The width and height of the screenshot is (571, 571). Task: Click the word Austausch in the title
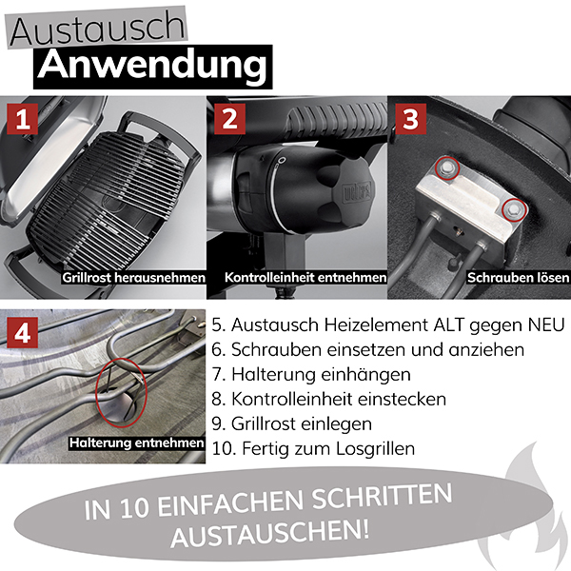[97, 30]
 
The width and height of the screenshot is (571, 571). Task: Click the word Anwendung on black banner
[152, 66]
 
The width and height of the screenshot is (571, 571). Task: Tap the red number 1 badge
[22, 119]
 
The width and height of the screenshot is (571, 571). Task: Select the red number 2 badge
[229, 119]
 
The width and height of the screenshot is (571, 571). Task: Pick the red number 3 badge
[411, 119]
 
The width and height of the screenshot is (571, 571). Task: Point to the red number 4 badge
[22, 332]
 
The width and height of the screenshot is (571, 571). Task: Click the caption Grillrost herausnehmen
[133, 278]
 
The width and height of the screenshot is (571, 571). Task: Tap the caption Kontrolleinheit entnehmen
[305, 278]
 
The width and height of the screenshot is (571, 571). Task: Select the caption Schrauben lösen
[519, 278]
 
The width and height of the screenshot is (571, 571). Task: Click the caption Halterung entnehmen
[136, 443]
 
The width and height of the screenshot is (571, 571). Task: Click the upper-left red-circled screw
[447, 167]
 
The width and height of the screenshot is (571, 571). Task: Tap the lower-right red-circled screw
[514, 209]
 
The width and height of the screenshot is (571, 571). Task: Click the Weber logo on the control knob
[357, 191]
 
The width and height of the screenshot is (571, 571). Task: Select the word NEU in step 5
[547, 325]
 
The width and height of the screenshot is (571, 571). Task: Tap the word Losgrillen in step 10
[376, 448]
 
